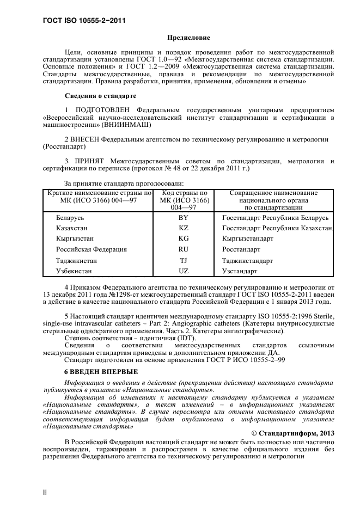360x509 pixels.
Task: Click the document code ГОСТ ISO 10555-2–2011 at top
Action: [84, 21]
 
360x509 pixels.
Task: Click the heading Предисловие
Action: [188, 38]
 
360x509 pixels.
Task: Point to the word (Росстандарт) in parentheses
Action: [64, 147]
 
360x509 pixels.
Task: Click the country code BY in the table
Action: [184, 218]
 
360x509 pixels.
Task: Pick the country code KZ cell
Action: [184, 228]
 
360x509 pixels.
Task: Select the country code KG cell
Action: [184, 239]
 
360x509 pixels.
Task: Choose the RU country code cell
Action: [184, 249]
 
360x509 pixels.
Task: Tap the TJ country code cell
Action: [184, 260]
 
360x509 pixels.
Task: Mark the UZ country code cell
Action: [184, 271]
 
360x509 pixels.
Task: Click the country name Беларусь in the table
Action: [71, 218]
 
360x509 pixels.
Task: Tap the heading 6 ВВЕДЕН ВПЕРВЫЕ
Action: [101, 371]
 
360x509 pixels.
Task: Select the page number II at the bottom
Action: [45, 492]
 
